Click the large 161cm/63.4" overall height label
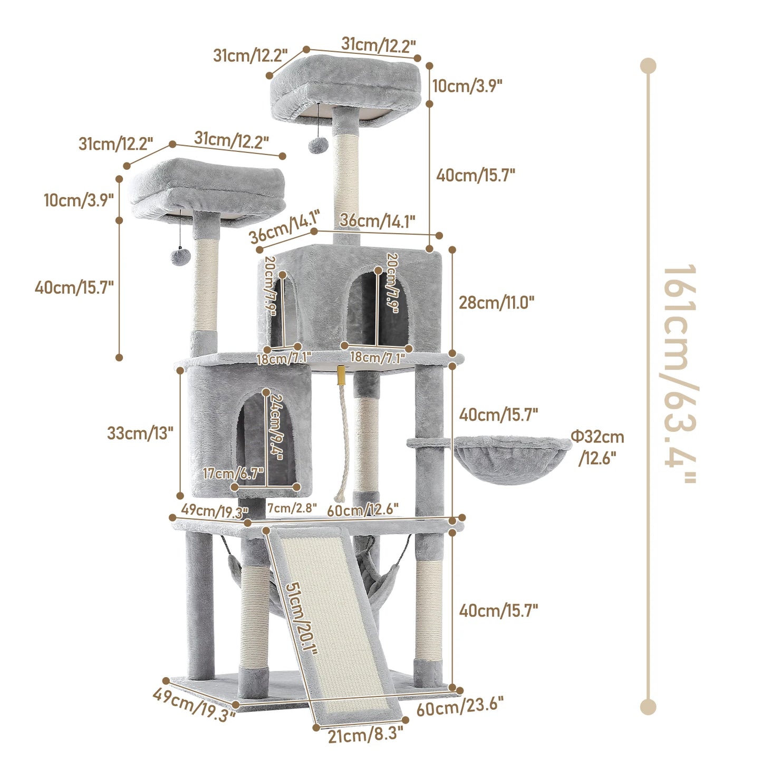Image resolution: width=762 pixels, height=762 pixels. [x=680, y=373]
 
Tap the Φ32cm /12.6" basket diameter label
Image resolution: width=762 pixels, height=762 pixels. [x=597, y=447]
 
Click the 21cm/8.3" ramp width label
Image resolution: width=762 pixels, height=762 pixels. [x=365, y=735]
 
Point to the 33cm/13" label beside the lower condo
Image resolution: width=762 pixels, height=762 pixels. [x=140, y=433]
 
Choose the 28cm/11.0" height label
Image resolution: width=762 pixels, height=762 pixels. [x=496, y=303]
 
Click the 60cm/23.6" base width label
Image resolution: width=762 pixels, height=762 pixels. [x=460, y=707]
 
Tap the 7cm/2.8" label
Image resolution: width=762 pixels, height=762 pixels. [x=292, y=508]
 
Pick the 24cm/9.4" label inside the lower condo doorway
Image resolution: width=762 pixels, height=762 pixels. [x=276, y=427]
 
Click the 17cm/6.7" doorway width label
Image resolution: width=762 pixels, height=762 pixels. [x=233, y=473]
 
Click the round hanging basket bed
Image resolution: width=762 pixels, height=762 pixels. [x=512, y=457]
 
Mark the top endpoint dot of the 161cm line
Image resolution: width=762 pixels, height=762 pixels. [x=648, y=66]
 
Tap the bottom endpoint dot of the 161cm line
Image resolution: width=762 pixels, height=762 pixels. [x=648, y=707]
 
